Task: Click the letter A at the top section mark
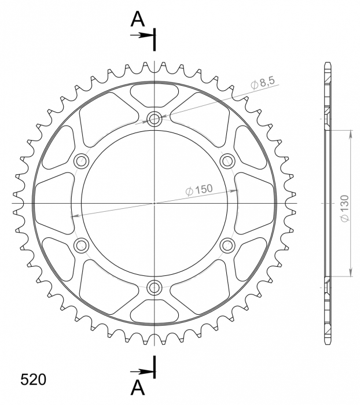coord(137,20)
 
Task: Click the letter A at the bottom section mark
coord(137,386)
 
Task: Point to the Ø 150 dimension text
coord(199,189)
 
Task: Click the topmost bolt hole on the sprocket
coord(155,120)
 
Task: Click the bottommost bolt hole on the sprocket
coord(155,286)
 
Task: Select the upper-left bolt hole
coord(81,161)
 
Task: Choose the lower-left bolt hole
coord(81,245)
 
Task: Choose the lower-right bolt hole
coord(227,245)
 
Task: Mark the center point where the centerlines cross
coord(155,203)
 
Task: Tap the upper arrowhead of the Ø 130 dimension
coord(351,134)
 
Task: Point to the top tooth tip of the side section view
coord(328,62)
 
